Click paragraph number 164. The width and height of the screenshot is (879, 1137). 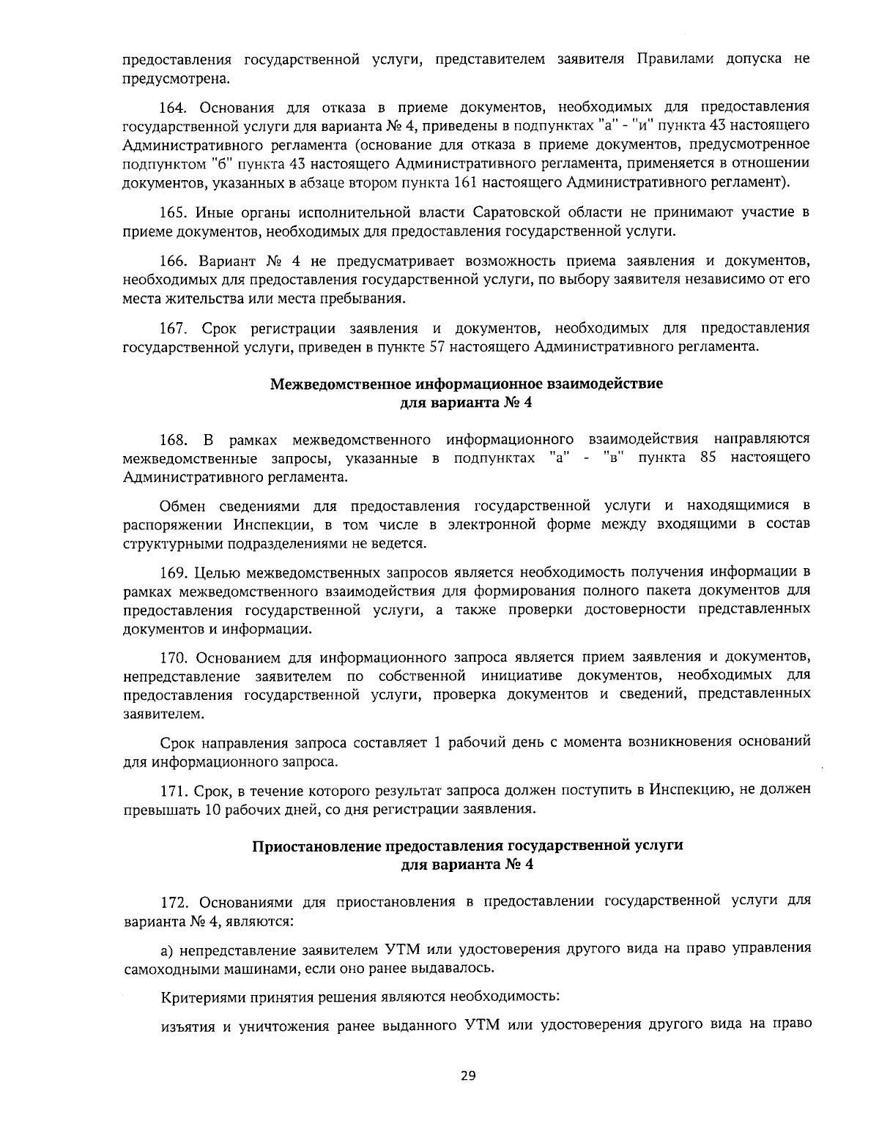coord(173,108)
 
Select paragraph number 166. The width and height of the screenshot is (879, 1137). coord(173,261)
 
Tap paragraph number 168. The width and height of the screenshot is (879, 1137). coord(173,439)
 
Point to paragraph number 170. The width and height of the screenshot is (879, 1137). coord(173,655)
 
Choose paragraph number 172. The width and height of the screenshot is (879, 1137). coord(173,901)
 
